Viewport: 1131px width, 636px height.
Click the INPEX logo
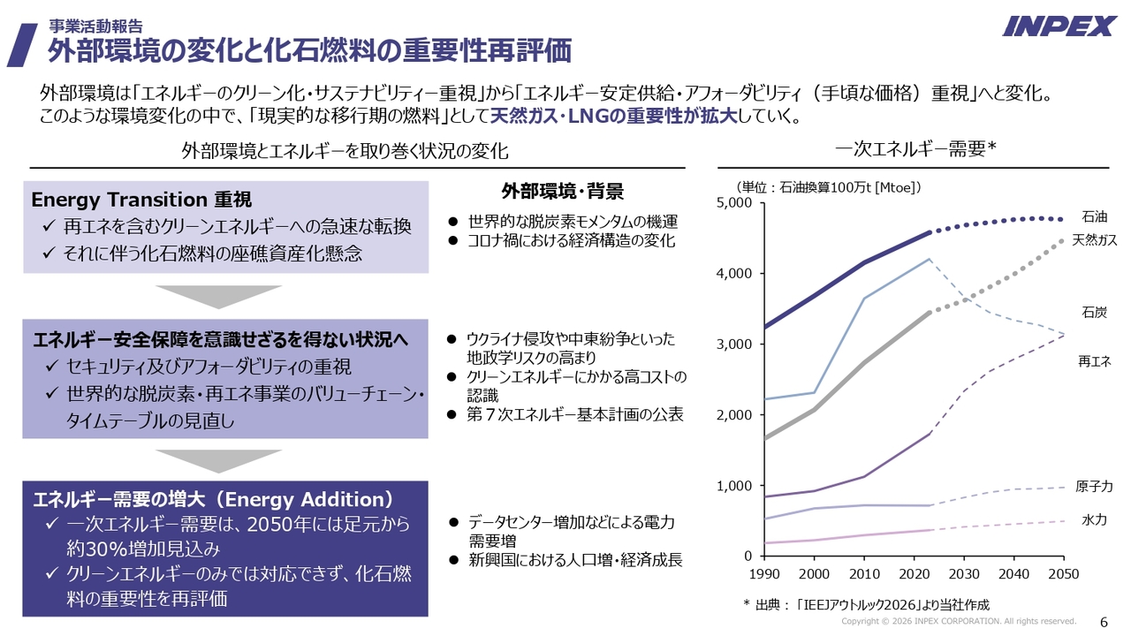[x=1059, y=26]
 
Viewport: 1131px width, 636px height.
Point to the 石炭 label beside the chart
[x=1094, y=312]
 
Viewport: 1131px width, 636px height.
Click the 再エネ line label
[x=1094, y=361]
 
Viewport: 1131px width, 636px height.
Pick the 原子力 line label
[x=1094, y=487]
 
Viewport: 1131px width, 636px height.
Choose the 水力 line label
[x=1094, y=520]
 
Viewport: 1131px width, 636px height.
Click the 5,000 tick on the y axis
[x=733, y=203]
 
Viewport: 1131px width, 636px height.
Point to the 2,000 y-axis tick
[x=733, y=415]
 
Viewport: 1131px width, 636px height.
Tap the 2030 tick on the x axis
[x=964, y=574]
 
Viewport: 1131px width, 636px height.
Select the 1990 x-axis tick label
[x=765, y=574]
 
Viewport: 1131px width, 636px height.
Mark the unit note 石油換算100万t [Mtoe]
[x=830, y=186]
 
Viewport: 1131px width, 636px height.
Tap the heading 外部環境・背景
[x=562, y=192]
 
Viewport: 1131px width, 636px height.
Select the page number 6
[x=1104, y=620]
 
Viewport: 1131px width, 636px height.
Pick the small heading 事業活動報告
[x=95, y=26]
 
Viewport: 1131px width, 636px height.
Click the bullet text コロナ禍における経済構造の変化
[x=571, y=240]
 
